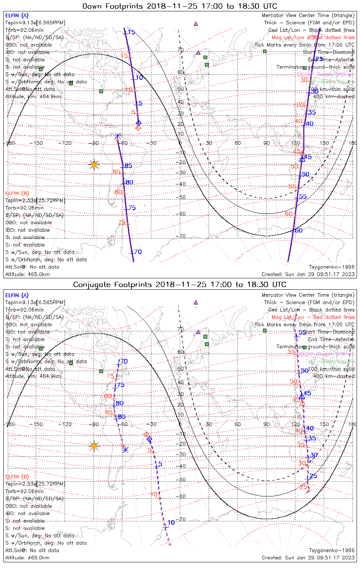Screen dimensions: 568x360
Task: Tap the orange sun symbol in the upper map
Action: point(94,165)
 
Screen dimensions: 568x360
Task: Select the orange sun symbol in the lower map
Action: point(94,446)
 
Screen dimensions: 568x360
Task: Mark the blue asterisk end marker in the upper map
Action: point(118,136)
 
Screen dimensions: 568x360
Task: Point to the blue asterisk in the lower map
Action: point(125,449)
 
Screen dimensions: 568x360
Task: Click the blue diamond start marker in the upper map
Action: point(139,123)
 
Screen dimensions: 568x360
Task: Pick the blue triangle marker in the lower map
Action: point(302,396)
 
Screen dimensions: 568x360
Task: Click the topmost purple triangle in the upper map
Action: point(196,23)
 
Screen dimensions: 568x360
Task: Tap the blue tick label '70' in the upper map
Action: point(138,252)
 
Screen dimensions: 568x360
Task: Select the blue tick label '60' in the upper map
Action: point(299,231)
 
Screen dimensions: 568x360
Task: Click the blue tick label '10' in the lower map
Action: point(171,523)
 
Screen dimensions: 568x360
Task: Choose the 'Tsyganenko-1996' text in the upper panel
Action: point(332,267)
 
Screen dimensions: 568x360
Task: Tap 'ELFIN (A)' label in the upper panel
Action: point(17,16)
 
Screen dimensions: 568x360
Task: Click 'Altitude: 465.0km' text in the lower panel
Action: point(27,558)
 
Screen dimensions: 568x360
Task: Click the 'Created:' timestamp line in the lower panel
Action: point(308,558)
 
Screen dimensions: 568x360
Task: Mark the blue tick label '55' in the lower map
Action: point(302,332)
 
